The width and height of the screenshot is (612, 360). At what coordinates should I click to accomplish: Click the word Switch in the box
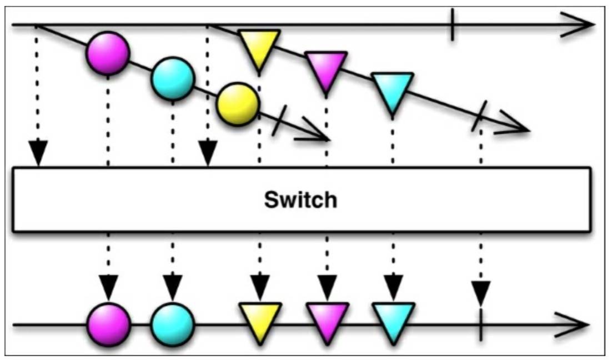point(300,199)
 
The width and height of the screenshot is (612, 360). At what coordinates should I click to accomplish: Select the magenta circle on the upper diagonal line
point(108,53)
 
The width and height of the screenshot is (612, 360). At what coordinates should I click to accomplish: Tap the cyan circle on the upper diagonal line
point(173,78)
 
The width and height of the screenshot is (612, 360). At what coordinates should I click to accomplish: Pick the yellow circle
point(238,103)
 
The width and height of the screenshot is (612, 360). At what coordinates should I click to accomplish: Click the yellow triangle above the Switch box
point(259,47)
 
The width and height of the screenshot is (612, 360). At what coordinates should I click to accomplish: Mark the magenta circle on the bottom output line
point(109,324)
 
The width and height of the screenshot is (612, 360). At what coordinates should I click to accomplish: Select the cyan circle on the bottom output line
point(173,324)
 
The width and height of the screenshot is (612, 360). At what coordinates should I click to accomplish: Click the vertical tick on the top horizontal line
point(453,24)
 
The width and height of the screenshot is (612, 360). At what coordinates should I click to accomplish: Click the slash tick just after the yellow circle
point(280,121)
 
